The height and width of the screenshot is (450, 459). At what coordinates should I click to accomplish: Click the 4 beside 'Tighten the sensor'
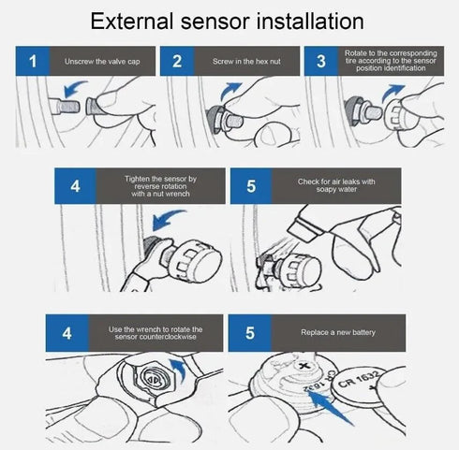click(x=76, y=185)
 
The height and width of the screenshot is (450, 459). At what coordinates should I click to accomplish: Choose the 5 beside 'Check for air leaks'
click(x=251, y=185)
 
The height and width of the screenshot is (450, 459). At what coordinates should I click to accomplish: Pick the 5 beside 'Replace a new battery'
click(x=251, y=331)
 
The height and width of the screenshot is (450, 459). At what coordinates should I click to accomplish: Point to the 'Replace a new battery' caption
click(x=339, y=331)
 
